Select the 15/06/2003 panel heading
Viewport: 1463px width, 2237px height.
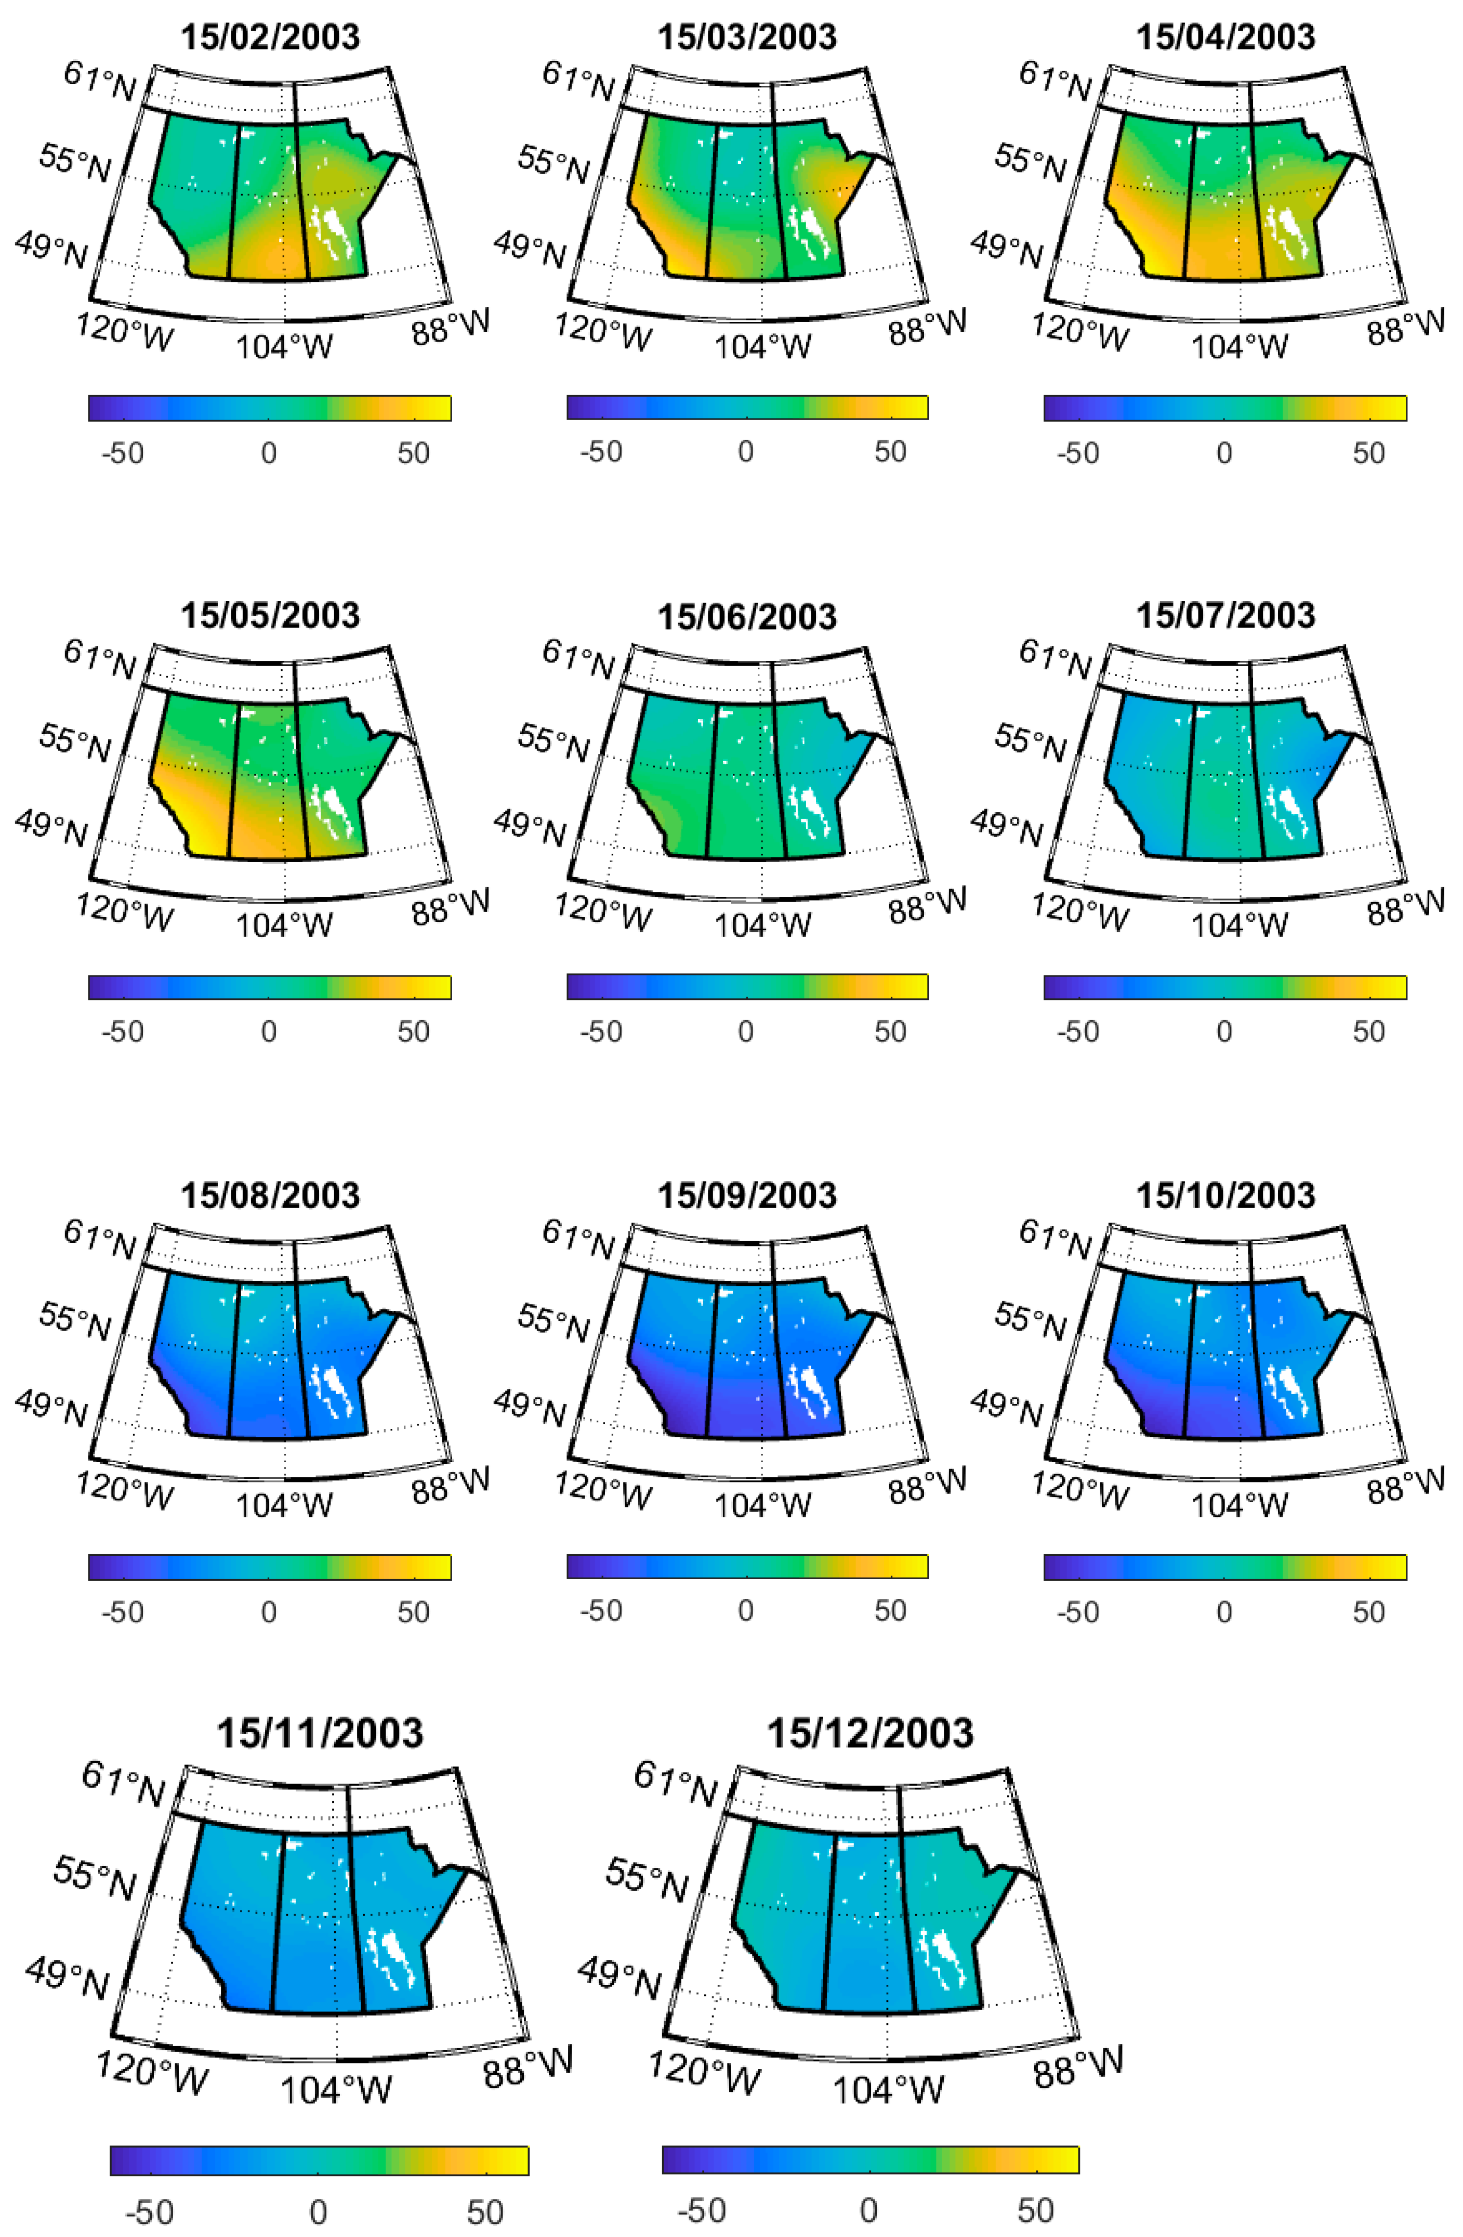coord(747,617)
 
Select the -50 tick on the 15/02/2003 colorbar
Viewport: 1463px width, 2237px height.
coord(123,453)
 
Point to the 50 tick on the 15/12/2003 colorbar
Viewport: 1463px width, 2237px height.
coord(1035,2210)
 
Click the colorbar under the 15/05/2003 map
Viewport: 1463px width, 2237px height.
coord(270,987)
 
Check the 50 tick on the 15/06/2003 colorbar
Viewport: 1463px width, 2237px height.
coord(890,1031)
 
